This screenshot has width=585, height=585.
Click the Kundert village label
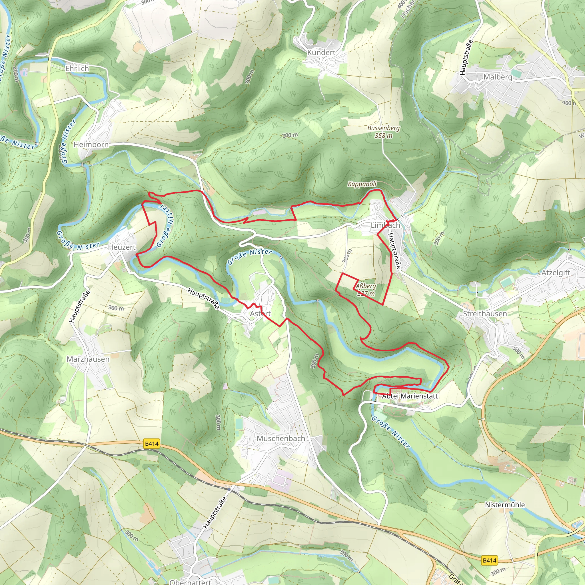click(x=321, y=52)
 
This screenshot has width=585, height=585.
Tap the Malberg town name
click(x=498, y=77)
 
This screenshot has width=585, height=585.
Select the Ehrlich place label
click(x=77, y=69)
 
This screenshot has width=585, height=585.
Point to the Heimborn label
click(x=91, y=145)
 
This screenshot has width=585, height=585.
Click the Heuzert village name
click(x=122, y=247)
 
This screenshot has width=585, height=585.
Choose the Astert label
click(x=260, y=313)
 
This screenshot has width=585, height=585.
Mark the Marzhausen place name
click(x=88, y=359)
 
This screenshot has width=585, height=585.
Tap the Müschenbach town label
click(x=281, y=438)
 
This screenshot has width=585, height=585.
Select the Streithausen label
click(x=485, y=314)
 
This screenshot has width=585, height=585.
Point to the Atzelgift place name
click(x=556, y=273)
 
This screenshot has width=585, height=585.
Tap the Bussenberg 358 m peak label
click(x=384, y=132)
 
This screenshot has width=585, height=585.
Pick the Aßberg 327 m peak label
click(x=366, y=289)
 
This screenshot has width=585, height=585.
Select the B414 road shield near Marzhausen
click(x=152, y=444)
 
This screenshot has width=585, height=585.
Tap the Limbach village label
click(x=385, y=225)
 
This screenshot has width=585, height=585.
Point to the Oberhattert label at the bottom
click(x=190, y=582)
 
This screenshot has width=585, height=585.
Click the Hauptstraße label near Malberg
click(x=466, y=57)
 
